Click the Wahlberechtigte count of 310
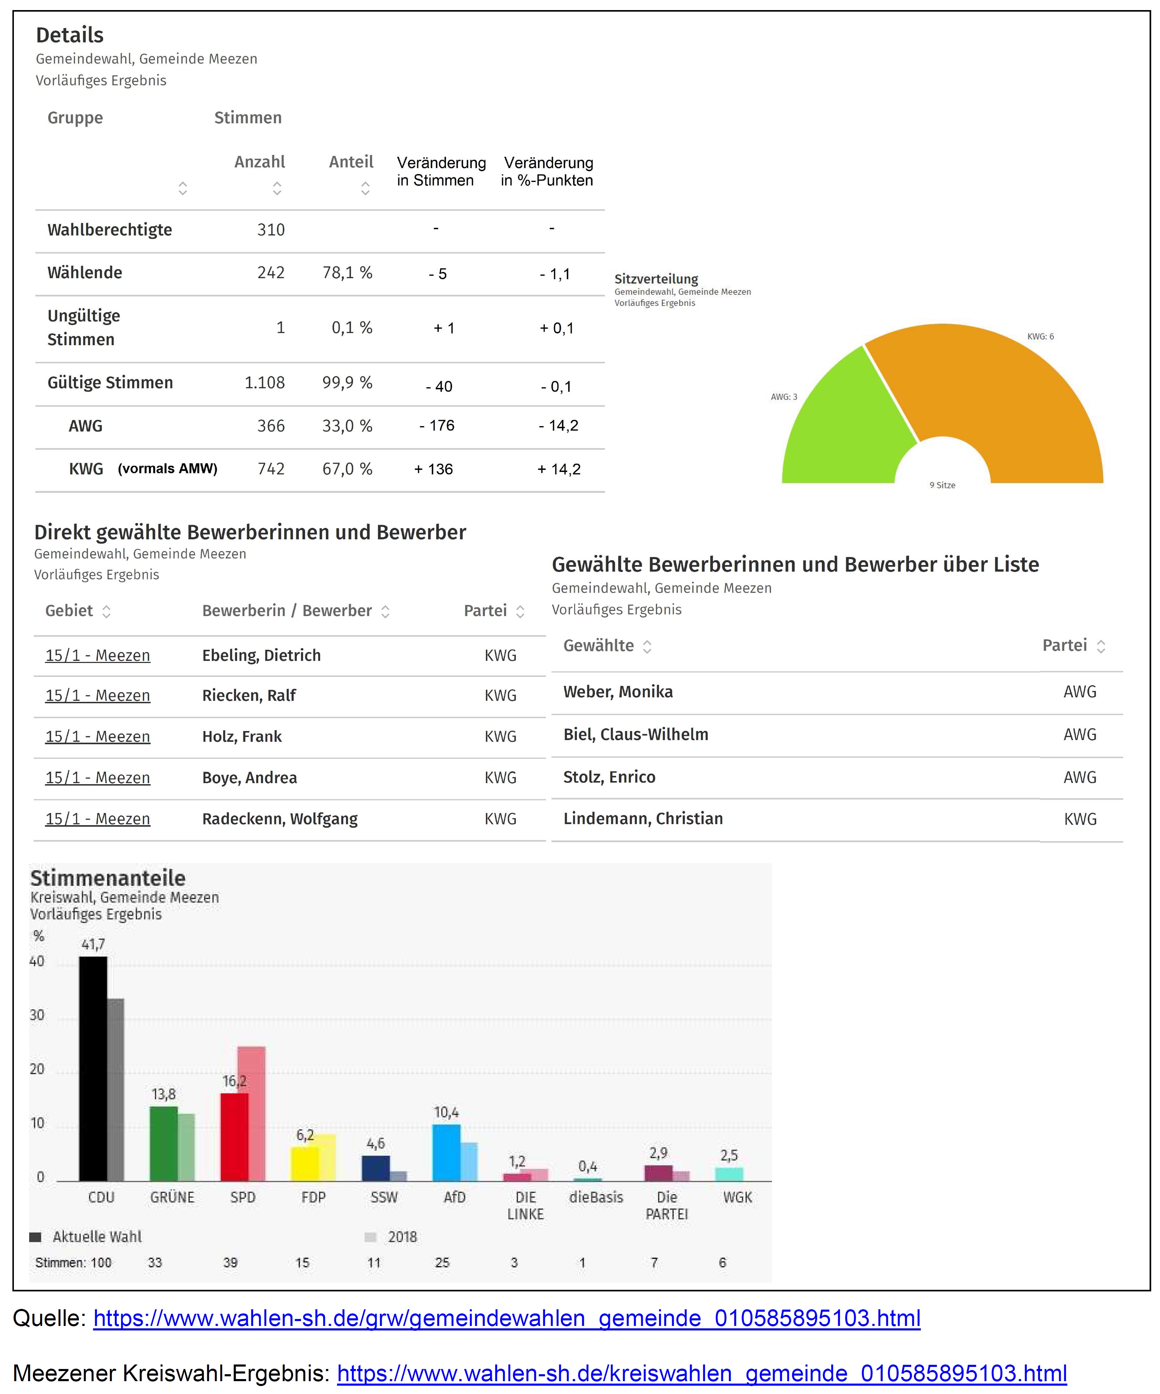tap(271, 230)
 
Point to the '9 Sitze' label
tap(942, 485)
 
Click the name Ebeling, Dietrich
tap(261, 655)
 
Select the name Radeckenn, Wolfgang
tap(280, 819)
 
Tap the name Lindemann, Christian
tap(643, 819)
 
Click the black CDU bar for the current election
tap(93, 1069)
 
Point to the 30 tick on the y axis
tap(37, 1015)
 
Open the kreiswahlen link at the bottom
tap(702, 1373)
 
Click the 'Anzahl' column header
tap(260, 162)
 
